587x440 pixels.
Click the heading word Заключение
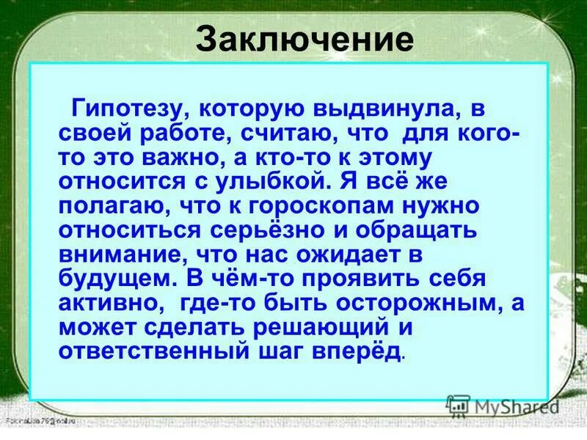tap(304, 39)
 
